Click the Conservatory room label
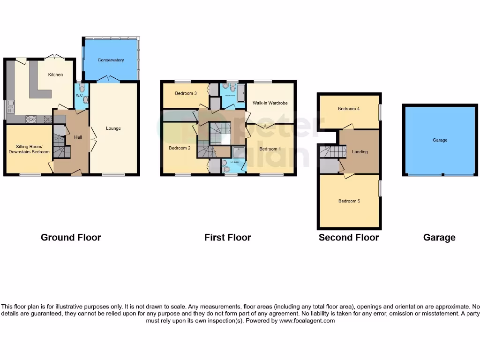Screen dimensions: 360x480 point(111,60)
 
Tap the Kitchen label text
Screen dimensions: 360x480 point(55,75)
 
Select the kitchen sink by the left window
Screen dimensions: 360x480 point(10,105)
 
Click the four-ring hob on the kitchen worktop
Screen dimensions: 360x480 point(31,119)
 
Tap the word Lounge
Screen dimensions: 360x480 point(113,128)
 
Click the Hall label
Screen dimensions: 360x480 point(78,137)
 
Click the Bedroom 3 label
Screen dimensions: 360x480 point(185,93)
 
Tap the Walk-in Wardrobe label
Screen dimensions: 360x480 point(270,103)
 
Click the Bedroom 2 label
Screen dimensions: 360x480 point(180,148)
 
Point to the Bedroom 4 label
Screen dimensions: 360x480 point(349,109)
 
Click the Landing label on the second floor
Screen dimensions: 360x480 point(360,151)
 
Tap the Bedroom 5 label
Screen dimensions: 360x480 point(349,201)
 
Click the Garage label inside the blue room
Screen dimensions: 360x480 point(439,140)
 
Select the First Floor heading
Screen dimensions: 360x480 point(227,237)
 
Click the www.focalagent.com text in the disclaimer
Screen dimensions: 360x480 point(307,321)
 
